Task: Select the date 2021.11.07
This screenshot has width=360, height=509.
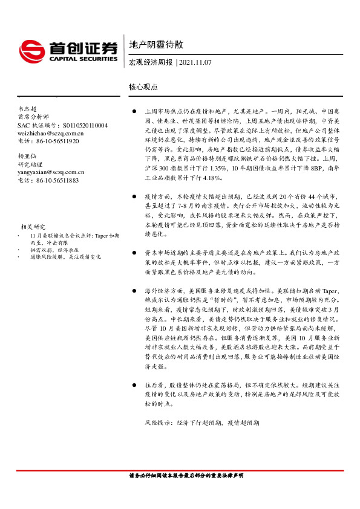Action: pyautogui.click(x=195, y=62)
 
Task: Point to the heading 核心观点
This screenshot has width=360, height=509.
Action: pyautogui.click(x=143, y=87)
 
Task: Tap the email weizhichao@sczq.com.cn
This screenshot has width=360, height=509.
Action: pyautogui.click(x=51, y=133)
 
